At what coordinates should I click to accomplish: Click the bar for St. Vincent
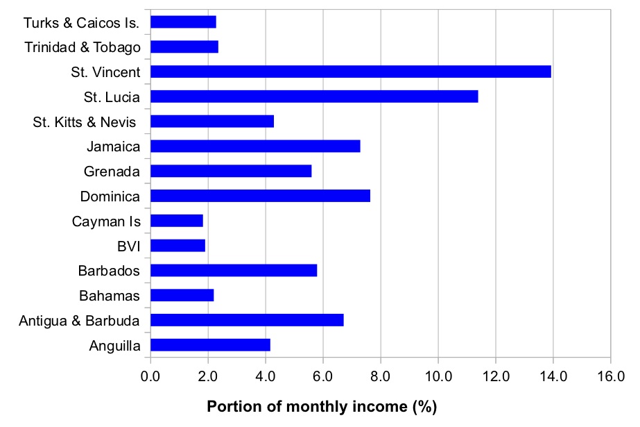350,72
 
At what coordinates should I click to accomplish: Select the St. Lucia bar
314,97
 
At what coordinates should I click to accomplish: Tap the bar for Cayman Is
176,221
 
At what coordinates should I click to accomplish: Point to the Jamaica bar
255,146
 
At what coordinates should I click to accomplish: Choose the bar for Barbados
234,270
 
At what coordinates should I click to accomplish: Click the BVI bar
178,246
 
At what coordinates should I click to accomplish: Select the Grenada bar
231,171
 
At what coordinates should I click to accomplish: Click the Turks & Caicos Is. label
82,22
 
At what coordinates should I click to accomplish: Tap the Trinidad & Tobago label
83,47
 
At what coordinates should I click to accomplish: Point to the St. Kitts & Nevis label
87,122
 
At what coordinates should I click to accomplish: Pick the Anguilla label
114,346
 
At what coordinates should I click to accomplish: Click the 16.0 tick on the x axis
610,377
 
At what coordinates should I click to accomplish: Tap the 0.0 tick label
150,377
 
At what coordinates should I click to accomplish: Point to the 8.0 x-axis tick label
380,377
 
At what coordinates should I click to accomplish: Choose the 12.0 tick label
495,377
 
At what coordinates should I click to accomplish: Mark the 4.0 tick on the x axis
266,377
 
